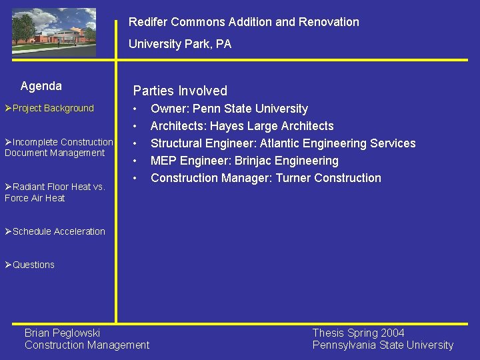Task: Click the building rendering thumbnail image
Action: click(54, 32)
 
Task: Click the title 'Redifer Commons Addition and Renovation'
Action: click(243, 22)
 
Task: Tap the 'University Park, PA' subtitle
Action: click(179, 44)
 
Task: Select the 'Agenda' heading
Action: click(41, 86)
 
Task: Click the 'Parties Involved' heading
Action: click(180, 91)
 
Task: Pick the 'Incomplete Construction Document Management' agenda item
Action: click(58, 147)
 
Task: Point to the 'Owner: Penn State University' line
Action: click(229, 109)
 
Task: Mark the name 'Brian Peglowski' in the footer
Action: click(62, 333)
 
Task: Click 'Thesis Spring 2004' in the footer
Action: click(358, 333)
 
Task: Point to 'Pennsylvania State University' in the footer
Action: click(383, 345)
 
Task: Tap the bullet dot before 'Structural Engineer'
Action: click(136, 143)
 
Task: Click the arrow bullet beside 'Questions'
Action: click(8, 265)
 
